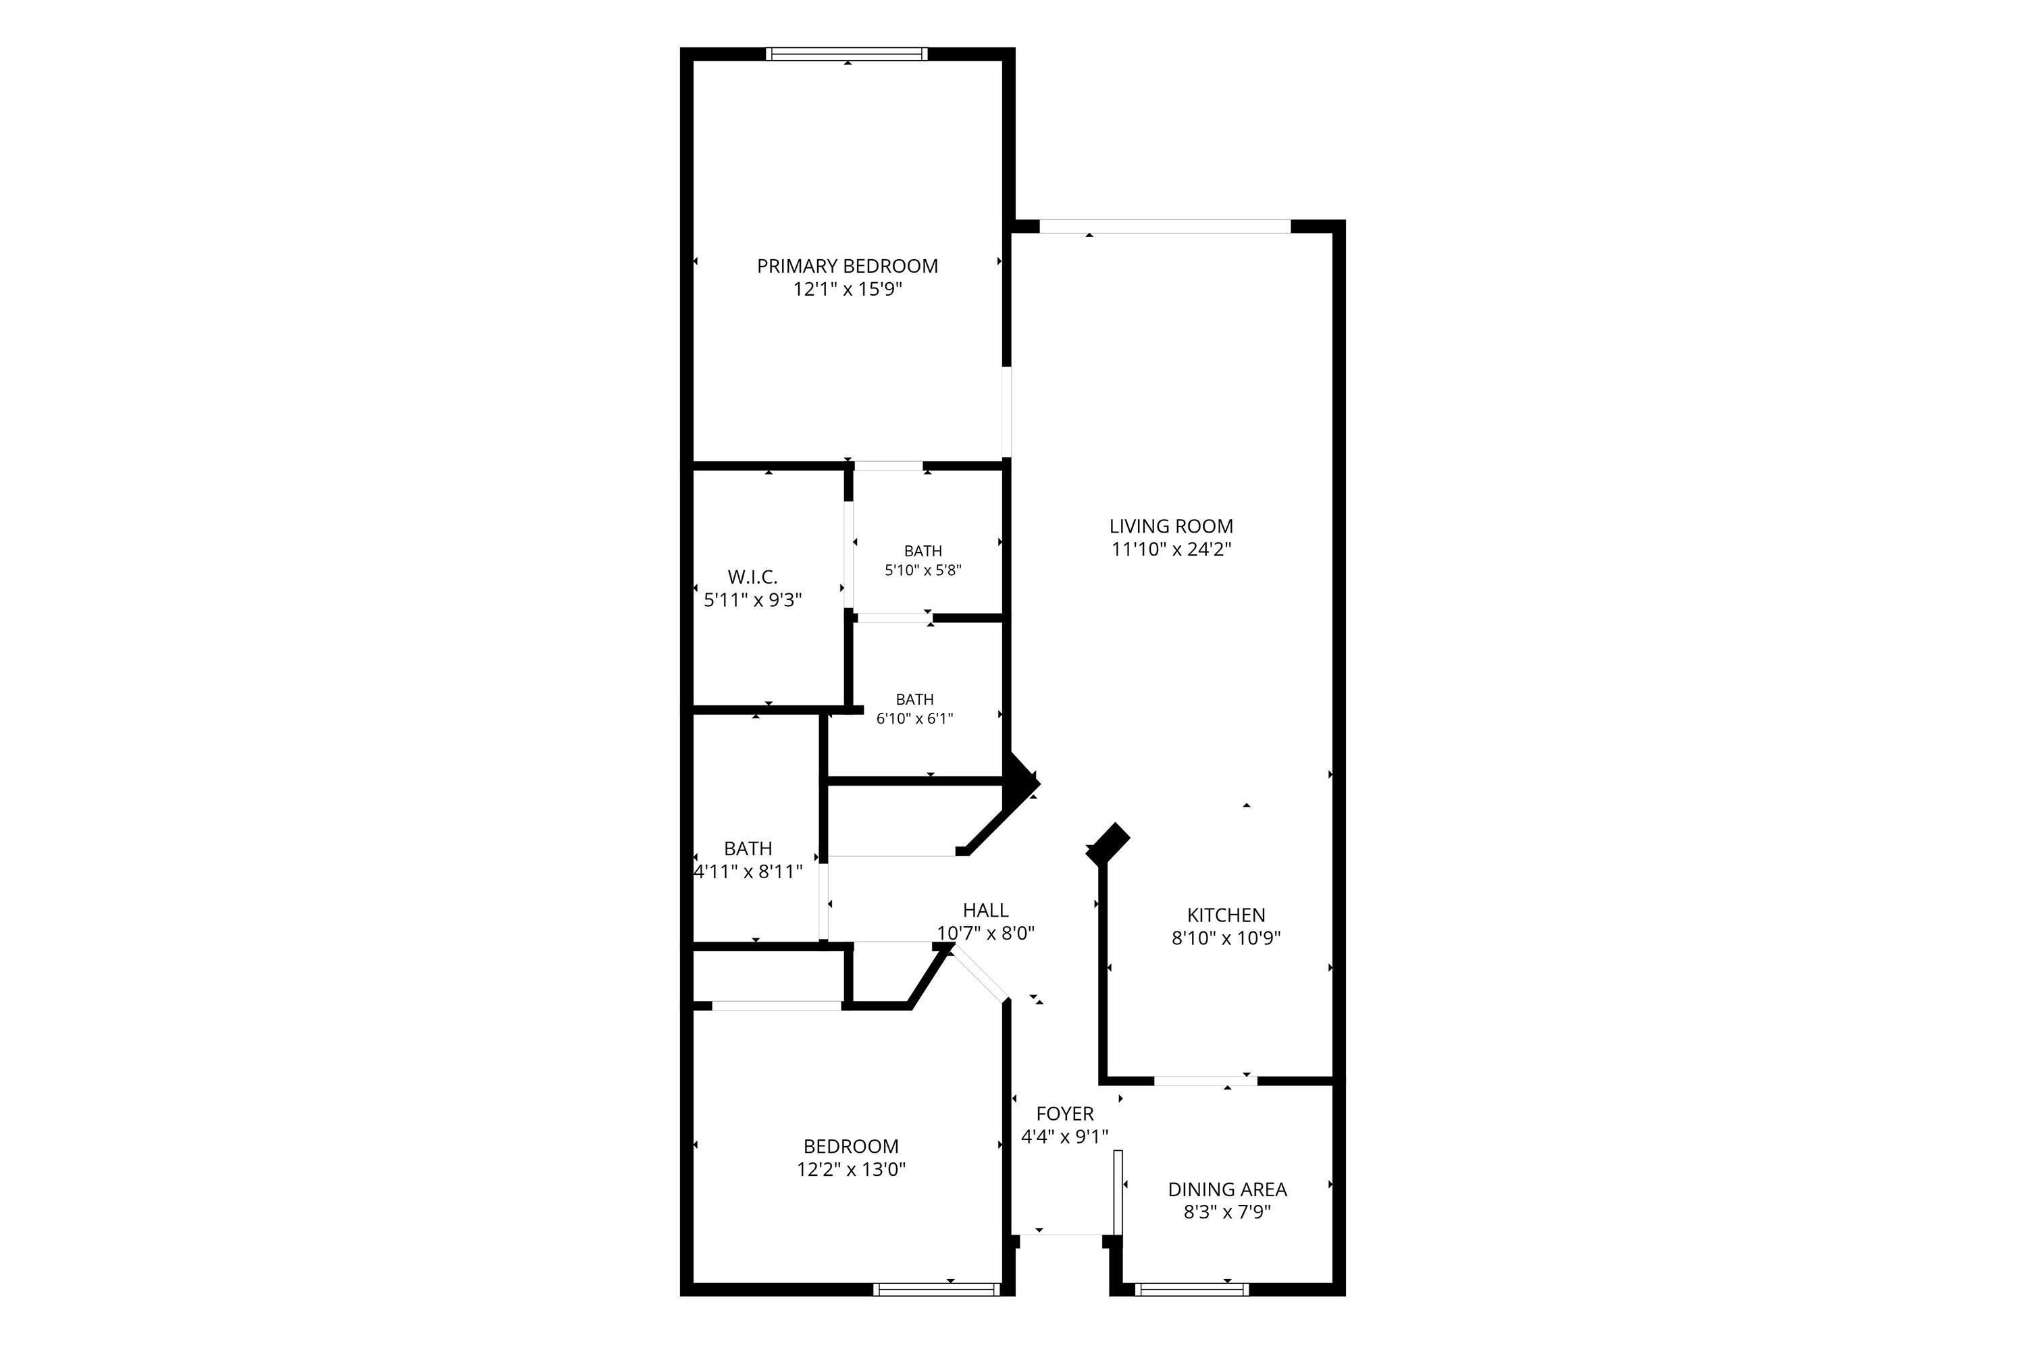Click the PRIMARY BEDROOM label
pyautogui.click(x=847, y=266)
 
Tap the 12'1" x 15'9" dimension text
pyautogui.click(x=848, y=290)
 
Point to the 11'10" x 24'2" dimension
pyautogui.click(x=1172, y=549)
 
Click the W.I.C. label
pyautogui.click(x=752, y=577)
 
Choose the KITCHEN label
pyautogui.click(x=1226, y=915)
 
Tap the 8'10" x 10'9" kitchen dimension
pyautogui.click(x=1226, y=938)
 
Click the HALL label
pyautogui.click(x=985, y=910)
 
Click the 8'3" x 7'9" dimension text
pyautogui.click(x=1228, y=1212)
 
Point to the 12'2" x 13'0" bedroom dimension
pyautogui.click(x=851, y=1169)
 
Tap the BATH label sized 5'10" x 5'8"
pyautogui.click(x=923, y=551)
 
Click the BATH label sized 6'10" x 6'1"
pyautogui.click(x=915, y=699)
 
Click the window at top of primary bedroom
pyautogui.click(x=847, y=54)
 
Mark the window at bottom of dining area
pyautogui.click(x=1191, y=1289)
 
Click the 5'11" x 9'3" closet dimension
pyautogui.click(x=753, y=600)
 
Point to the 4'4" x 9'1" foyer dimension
pyautogui.click(x=1065, y=1137)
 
